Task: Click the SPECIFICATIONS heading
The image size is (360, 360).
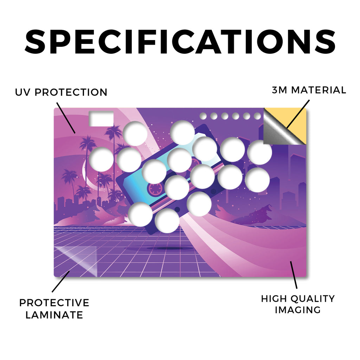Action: (x=180, y=41)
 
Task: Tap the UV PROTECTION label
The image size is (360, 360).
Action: (x=61, y=92)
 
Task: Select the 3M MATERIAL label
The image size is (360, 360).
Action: (x=309, y=90)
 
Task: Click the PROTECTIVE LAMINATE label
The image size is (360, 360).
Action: (x=54, y=309)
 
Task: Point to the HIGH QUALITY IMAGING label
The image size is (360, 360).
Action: (x=298, y=304)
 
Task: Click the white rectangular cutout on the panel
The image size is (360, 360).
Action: (x=101, y=119)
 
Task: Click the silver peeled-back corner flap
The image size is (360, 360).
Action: (x=279, y=131)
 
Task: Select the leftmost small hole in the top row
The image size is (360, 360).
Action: (x=203, y=116)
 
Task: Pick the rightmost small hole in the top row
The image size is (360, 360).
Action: (x=257, y=116)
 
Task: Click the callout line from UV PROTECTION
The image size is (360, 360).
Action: (x=66, y=118)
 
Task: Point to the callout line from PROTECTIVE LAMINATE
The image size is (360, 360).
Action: (x=61, y=282)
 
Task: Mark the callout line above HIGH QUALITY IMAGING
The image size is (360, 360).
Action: (x=294, y=275)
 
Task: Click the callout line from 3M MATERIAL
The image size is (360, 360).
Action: (x=298, y=114)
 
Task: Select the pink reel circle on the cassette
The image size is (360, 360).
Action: (x=156, y=189)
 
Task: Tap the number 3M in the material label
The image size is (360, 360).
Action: (x=279, y=90)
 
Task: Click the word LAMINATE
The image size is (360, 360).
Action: (x=54, y=315)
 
